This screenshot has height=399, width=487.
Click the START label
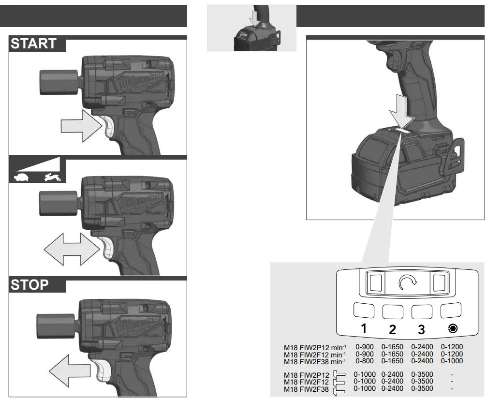(x=33, y=44)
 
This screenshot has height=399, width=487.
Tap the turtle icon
(x=22, y=177)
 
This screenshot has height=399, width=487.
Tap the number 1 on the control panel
(x=364, y=328)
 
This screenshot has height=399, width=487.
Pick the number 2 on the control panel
(x=393, y=329)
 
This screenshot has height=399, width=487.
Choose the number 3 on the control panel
(x=421, y=329)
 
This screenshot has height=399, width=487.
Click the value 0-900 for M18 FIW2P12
(x=364, y=347)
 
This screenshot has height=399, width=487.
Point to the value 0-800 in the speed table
(x=364, y=360)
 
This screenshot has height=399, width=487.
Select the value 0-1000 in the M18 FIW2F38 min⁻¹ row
(x=452, y=360)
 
